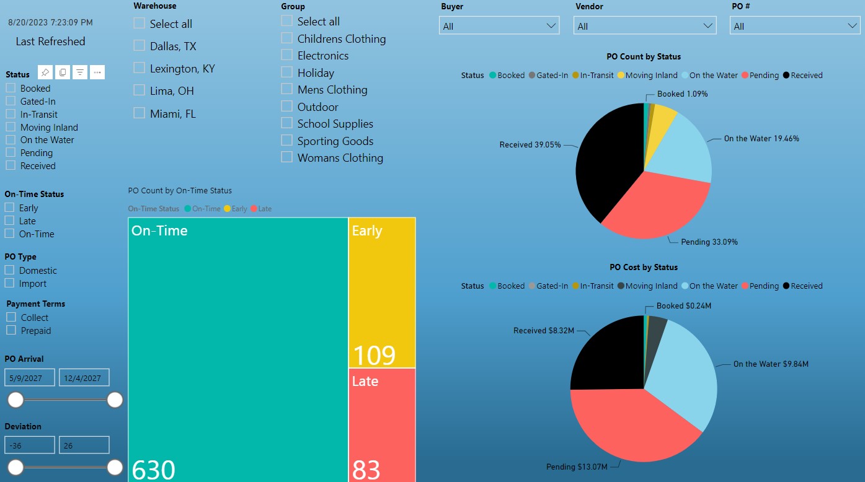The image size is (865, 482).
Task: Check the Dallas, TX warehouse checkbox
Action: pyautogui.click(x=140, y=46)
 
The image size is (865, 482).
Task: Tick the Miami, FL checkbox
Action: pyautogui.click(x=140, y=113)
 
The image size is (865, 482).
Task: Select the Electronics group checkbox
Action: pyautogui.click(x=286, y=55)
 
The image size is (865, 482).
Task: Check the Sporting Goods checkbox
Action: pyautogui.click(x=286, y=141)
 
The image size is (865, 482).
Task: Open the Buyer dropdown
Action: pyautogui.click(x=499, y=26)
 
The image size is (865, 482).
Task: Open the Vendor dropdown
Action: pyautogui.click(x=645, y=26)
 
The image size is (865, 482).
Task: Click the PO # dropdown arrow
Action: pyautogui.click(x=853, y=26)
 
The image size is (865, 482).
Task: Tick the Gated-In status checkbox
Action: pyautogui.click(x=11, y=101)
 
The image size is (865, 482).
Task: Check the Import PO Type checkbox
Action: pyautogui.click(x=10, y=283)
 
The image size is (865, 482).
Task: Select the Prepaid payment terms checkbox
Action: pyautogui.click(x=11, y=330)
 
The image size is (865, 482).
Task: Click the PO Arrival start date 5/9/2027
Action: pyautogui.click(x=30, y=378)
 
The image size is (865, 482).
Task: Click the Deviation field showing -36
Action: pyautogui.click(x=30, y=445)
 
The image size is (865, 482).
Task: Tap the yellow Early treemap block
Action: pyautogui.click(x=381, y=291)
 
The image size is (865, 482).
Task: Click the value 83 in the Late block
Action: pyautogui.click(x=366, y=470)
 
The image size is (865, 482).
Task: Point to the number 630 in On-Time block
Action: pyautogui.click(x=154, y=470)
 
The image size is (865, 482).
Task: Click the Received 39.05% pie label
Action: pyautogui.click(x=530, y=145)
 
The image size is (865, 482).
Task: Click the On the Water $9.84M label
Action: pyautogui.click(x=771, y=364)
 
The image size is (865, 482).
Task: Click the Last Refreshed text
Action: pyautogui.click(x=50, y=42)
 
